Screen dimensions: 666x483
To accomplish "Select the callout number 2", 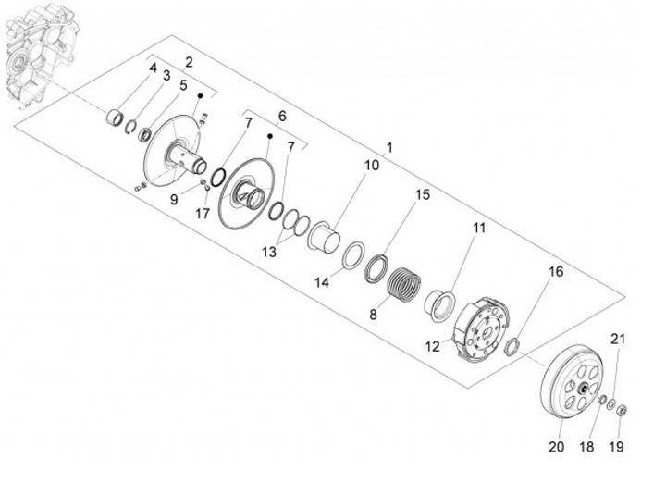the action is tap(189, 62).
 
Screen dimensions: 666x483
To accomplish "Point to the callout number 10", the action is tap(346, 167).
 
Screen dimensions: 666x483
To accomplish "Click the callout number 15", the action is tap(422, 195).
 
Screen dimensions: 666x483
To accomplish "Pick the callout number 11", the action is tap(479, 228).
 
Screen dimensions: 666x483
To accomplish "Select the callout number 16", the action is tap(556, 272).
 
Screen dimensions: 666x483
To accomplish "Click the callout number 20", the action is tap(556, 447).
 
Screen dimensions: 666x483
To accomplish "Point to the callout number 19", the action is tap(617, 447).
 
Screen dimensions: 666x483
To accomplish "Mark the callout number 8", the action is tap(374, 315).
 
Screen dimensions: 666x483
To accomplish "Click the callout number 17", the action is tap(203, 213).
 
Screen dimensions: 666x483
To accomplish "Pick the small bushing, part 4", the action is tap(117, 119).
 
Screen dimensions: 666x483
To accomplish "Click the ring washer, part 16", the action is tap(515, 347).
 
